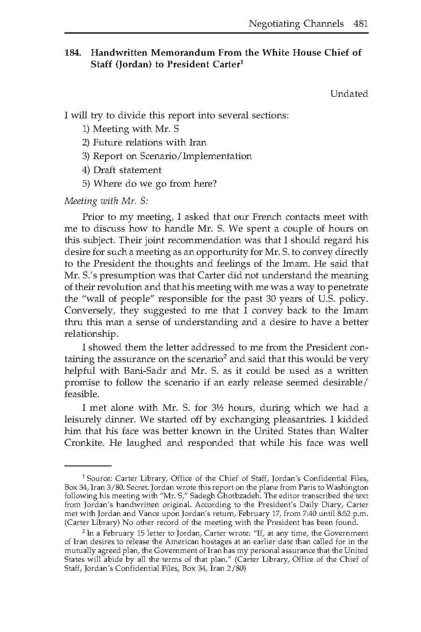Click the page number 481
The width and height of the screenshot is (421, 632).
click(x=361, y=23)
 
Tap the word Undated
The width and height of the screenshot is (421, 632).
click(x=349, y=94)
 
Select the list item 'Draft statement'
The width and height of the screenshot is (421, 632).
click(x=121, y=170)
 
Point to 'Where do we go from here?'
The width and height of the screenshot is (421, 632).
click(x=150, y=183)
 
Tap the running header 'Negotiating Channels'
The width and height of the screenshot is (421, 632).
click(x=296, y=23)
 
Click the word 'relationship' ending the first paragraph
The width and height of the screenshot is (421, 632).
click(x=90, y=334)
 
